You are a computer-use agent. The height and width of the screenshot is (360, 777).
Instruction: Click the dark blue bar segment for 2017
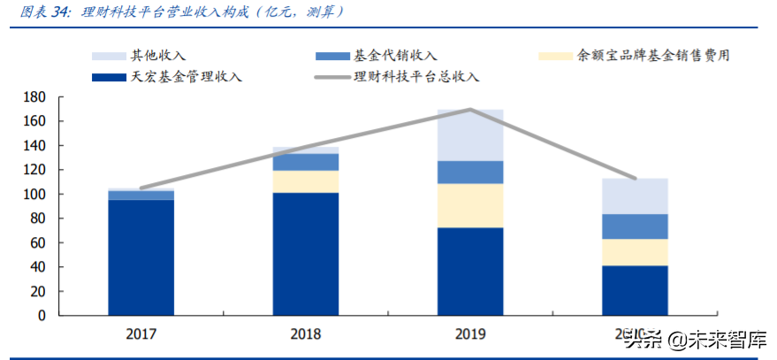(x=141, y=257)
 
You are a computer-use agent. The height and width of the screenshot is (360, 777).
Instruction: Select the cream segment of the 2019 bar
(x=470, y=205)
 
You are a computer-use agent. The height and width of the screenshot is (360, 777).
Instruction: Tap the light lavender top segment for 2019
(x=470, y=134)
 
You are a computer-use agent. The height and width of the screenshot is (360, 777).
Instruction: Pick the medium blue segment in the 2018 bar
(x=306, y=162)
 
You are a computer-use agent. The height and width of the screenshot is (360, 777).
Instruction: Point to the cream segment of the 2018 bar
(x=306, y=181)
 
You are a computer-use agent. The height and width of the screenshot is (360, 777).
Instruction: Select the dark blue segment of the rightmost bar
(x=635, y=290)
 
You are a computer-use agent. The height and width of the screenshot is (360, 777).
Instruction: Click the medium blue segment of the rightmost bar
(x=635, y=226)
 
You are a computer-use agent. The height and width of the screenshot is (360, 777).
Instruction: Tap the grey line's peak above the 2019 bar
(x=470, y=109)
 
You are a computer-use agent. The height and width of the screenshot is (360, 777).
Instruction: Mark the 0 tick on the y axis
(x=42, y=316)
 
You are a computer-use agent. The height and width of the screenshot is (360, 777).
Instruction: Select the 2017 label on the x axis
(x=141, y=334)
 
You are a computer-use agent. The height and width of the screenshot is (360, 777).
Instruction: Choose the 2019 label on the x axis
(x=470, y=334)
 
